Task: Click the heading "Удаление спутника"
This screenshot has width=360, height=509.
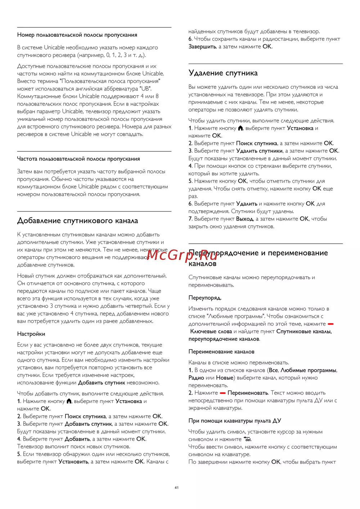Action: (x=223, y=73)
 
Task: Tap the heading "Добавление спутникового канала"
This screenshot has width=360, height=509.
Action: (x=77, y=221)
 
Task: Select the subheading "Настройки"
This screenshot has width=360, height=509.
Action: (x=31, y=334)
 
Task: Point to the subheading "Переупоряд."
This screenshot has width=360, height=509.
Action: (x=205, y=298)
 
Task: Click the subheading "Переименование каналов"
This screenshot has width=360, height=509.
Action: (x=221, y=352)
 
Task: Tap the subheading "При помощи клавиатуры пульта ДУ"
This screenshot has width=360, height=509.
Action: (x=235, y=421)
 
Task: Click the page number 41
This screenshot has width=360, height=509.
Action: (x=176, y=488)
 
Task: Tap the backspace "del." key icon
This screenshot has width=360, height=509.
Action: (x=247, y=439)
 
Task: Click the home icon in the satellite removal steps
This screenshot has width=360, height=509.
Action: (x=240, y=128)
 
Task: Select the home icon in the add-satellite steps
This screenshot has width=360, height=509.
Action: (x=69, y=401)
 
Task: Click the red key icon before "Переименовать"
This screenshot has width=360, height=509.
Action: (x=223, y=393)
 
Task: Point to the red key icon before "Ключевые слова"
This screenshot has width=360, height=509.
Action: (x=330, y=324)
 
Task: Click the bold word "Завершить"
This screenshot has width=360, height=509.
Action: (x=202, y=47)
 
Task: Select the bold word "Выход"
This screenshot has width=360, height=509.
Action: (x=244, y=219)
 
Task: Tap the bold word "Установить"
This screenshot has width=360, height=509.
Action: (x=73, y=462)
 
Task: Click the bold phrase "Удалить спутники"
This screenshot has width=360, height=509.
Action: (x=259, y=151)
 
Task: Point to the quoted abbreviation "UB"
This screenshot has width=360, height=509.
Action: (x=145, y=89)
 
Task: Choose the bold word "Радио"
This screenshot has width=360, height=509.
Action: (x=196, y=378)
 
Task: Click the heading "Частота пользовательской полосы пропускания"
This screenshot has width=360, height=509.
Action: (x=78, y=159)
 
